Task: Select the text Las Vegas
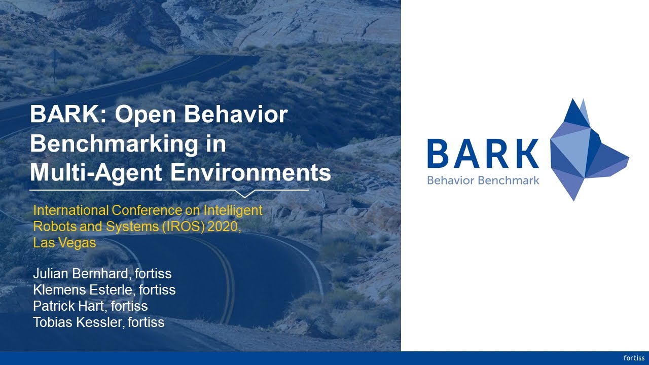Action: click(64, 243)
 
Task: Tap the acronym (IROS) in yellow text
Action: click(181, 227)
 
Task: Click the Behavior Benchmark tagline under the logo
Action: click(483, 180)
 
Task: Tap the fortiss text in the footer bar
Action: click(634, 358)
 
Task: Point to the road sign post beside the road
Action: click(55, 66)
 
